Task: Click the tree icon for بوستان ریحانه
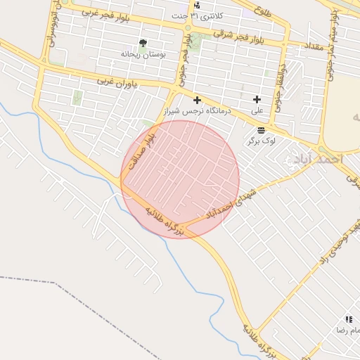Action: tap(143, 44)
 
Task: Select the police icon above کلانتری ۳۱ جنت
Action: tap(196, 6)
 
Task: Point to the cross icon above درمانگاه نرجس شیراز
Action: tap(197, 100)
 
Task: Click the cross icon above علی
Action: tap(257, 100)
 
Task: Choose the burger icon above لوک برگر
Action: tap(262, 130)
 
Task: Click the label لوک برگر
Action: tap(261, 141)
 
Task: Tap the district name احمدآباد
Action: tap(318, 160)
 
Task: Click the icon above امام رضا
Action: tap(349, 319)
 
